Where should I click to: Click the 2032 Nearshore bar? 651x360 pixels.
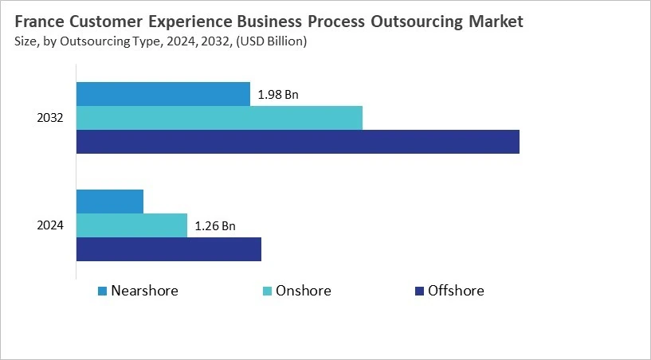tap(163, 94)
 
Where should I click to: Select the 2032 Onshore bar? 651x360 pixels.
tap(219, 118)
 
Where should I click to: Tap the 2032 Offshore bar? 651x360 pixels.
tap(297, 142)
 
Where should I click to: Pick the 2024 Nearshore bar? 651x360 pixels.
tap(110, 202)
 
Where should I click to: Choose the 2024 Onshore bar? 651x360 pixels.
tap(131, 225)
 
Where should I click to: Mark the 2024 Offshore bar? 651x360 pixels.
tap(168, 249)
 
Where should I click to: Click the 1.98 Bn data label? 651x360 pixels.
tap(278, 95)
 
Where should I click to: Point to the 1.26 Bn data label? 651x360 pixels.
tap(215, 226)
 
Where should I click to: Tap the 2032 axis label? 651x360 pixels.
tap(50, 118)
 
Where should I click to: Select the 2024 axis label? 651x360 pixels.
tap(50, 225)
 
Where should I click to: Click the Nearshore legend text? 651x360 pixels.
tap(144, 291)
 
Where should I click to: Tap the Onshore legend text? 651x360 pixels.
tap(303, 291)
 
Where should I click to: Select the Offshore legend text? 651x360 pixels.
tap(455, 291)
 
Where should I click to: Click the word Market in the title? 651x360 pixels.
tap(496, 22)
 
